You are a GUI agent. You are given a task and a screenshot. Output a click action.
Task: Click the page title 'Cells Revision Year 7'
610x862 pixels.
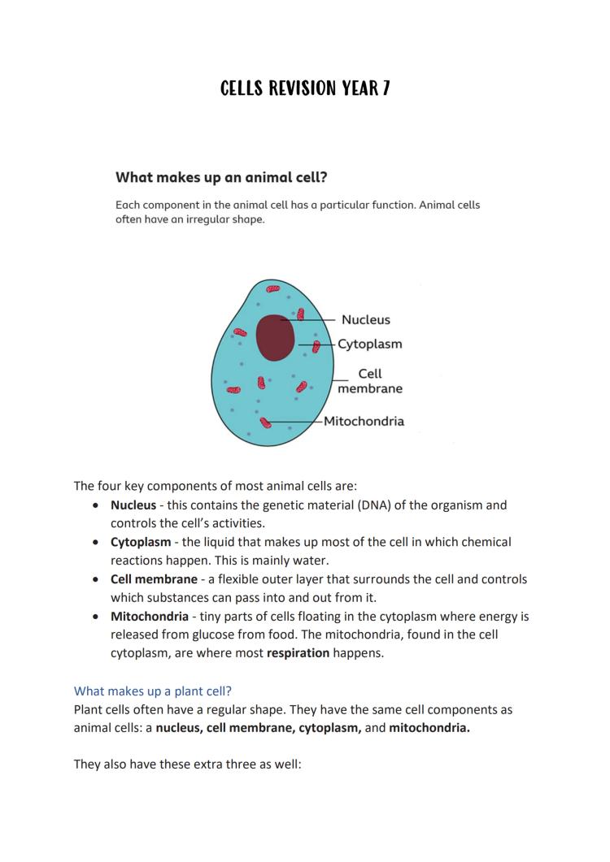(305, 89)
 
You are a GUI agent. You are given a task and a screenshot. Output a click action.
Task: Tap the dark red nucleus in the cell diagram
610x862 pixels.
(275, 337)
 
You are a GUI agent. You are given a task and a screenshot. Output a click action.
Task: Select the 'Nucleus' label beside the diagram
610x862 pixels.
(365, 320)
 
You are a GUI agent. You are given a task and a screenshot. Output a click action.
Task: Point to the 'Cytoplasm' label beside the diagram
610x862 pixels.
(370, 344)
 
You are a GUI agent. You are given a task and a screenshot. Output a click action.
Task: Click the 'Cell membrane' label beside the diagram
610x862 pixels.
(370, 381)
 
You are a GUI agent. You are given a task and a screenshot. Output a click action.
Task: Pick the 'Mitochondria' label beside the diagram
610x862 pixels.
(364, 421)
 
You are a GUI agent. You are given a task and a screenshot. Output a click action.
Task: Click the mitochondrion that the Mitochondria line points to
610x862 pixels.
(265, 421)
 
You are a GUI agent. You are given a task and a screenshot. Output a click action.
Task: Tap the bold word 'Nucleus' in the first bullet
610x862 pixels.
(133, 505)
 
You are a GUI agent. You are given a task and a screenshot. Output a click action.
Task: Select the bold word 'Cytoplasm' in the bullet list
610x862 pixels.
(141, 542)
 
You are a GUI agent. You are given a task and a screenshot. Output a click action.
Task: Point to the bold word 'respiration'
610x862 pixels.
(298, 653)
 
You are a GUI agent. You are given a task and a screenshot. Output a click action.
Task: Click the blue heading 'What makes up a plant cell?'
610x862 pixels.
(153, 691)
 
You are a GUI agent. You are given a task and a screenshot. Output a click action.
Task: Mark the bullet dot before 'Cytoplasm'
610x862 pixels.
(97, 542)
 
